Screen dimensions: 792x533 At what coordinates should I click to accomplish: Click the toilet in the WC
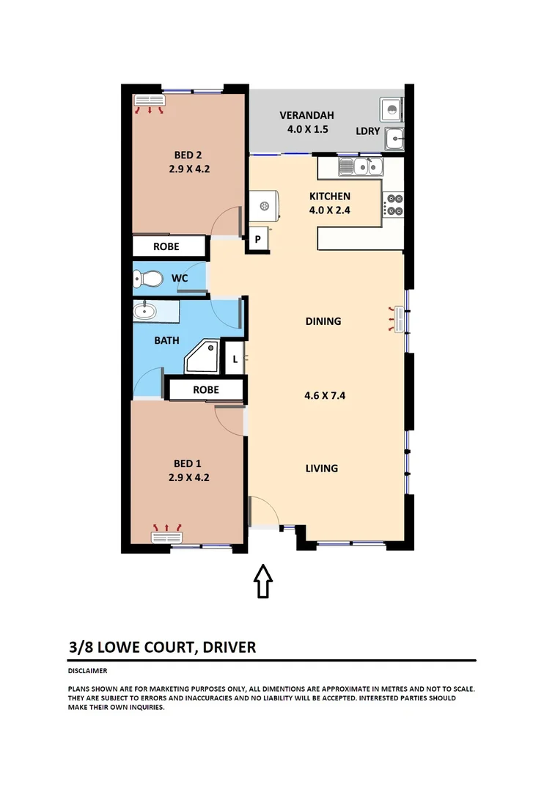[x=149, y=279]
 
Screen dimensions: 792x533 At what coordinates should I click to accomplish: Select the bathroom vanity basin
[x=145, y=311]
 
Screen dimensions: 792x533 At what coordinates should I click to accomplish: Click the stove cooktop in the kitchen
[x=394, y=205]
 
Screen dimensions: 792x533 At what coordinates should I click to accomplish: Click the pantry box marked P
[x=258, y=239]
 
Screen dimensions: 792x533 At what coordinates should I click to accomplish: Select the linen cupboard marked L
[x=235, y=359]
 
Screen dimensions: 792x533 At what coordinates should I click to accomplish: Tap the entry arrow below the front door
[x=263, y=582]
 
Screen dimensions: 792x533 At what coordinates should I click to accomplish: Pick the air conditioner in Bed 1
[x=166, y=537]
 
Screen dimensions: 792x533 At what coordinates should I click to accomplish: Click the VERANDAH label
[x=306, y=115]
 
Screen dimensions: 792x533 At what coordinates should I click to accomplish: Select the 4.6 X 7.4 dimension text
[x=324, y=395]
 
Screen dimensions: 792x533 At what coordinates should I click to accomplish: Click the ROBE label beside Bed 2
[x=166, y=246]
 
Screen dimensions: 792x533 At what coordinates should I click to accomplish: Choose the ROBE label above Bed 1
[x=205, y=389]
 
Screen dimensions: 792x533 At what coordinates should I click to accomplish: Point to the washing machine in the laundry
[x=391, y=110]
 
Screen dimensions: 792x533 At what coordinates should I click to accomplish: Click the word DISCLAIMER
[x=88, y=670]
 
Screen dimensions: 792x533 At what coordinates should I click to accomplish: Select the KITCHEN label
[x=329, y=196]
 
